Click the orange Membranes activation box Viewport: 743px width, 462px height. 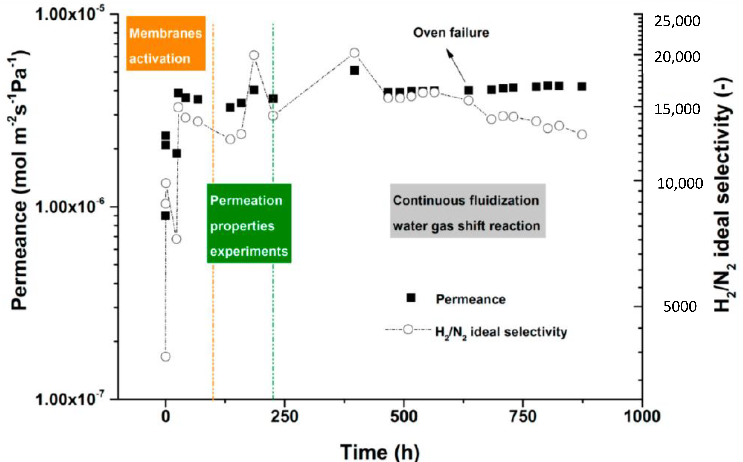click(166, 43)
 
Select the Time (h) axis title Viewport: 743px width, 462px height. click(380, 452)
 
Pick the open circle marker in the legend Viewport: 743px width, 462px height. click(408, 329)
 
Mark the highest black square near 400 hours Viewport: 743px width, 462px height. click(354, 71)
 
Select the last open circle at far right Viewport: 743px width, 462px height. click(582, 134)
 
